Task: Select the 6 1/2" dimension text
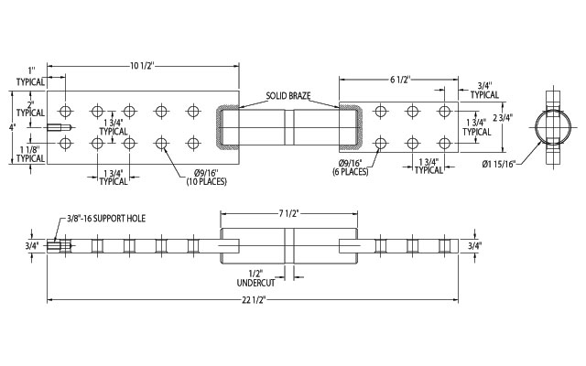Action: (x=399, y=80)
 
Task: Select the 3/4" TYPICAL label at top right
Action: (x=484, y=90)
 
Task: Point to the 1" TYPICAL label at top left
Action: (x=29, y=75)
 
